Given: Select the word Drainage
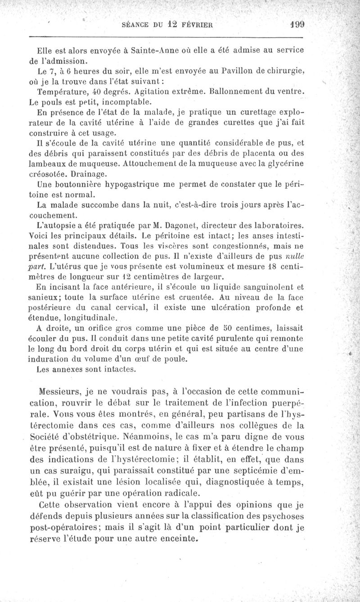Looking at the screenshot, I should click(88, 173).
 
